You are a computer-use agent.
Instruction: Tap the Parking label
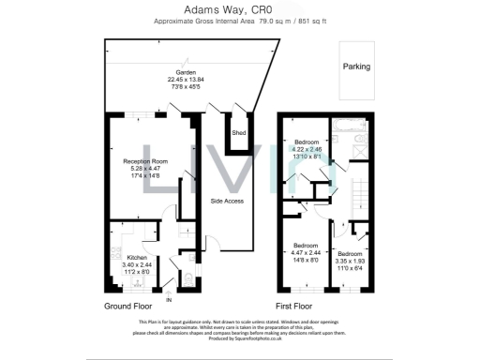tap(355, 67)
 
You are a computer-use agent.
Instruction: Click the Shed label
tap(239, 133)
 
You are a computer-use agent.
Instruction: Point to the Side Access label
tap(228, 202)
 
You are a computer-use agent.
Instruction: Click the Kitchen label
tap(137, 257)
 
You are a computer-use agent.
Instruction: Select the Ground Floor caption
tap(129, 306)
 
